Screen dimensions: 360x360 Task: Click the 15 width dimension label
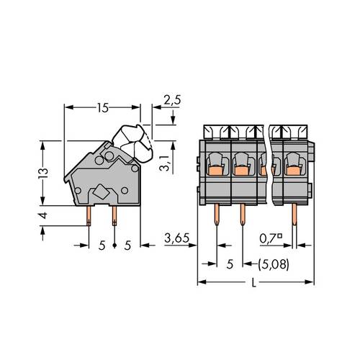pos(102,107)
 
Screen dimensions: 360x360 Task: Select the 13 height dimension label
pos(43,173)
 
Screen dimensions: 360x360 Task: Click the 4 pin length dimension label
pos(44,216)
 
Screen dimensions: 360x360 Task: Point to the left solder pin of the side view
pos(89,213)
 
